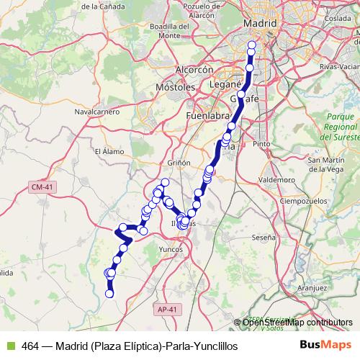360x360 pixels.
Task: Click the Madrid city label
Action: click(261, 24)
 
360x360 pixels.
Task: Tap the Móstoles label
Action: click(176, 86)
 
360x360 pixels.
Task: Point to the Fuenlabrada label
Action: click(207, 115)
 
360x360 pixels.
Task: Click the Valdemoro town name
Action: click(277, 178)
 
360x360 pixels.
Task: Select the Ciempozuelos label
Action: click(305, 199)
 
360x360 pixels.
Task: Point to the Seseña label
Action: click(264, 236)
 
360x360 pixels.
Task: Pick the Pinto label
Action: click(261, 144)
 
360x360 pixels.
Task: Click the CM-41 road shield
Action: click(40, 187)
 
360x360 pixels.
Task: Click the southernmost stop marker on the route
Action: click(110, 293)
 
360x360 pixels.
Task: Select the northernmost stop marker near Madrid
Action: click(251, 45)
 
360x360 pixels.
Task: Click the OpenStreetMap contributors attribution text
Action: click(297, 323)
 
